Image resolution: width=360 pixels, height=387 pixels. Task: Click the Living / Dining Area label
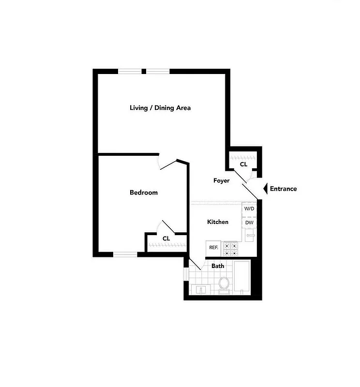[x=160, y=107]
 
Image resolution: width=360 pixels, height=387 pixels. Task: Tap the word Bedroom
[x=144, y=193]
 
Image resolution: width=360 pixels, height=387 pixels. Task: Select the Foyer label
[x=222, y=180]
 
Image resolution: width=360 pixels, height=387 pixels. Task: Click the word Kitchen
[x=218, y=222]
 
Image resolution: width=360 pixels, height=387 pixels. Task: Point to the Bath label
[x=218, y=266]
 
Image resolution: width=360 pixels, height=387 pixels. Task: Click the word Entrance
[x=283, y=189]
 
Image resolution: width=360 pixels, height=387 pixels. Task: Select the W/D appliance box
[x=249, y=209]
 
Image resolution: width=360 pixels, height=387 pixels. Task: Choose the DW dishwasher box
[x=249, y=222]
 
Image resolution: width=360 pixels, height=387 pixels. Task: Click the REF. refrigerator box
[x=213, y=247]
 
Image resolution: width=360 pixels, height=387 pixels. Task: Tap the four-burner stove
[x=230, y=248]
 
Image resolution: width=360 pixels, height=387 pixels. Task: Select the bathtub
[x=241, y=278]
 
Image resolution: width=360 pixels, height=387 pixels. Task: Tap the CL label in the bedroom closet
[x=166, y=238]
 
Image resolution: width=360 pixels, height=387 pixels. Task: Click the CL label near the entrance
[x=243, y=164]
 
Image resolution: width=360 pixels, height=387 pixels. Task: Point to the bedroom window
[x=125, y=254]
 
